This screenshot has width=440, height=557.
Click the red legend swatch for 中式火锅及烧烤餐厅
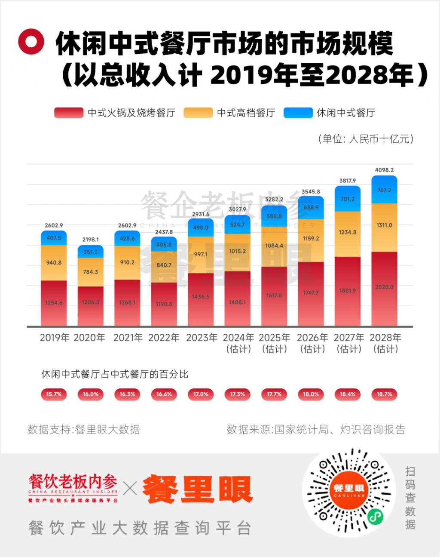69,113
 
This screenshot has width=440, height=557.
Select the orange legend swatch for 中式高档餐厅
198,113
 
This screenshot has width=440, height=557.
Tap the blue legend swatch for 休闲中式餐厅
298,113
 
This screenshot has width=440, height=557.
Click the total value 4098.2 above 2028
384,170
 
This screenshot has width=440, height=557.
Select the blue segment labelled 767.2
384,190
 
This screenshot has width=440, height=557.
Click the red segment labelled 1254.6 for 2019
54,303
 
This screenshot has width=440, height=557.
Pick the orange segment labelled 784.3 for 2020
90,272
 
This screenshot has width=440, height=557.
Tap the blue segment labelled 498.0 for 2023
201,228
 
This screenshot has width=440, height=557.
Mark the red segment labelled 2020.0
384,287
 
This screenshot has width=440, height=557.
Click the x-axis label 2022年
164,338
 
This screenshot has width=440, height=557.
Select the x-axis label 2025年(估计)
274,343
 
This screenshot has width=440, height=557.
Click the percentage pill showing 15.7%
54,394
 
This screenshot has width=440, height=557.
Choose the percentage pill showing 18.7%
384,394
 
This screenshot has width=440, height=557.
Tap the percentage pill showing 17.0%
201,394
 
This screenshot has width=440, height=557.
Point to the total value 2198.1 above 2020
90,240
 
